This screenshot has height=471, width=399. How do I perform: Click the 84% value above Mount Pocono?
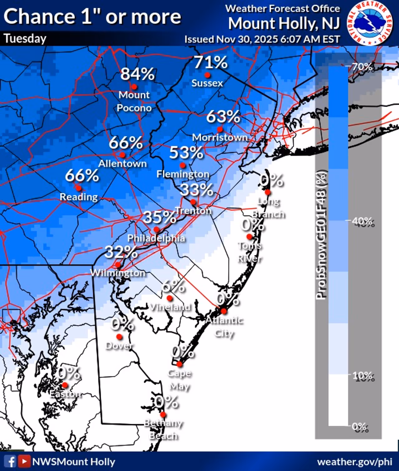coord(137,74)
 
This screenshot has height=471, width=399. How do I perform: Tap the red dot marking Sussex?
coord(207,75)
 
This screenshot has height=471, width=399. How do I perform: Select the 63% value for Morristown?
coord(223,117)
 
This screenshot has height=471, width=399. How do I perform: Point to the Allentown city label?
coord(123,164)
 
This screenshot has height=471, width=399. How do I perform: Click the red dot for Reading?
coord(79,188)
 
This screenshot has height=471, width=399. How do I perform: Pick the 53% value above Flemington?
coord(186,153)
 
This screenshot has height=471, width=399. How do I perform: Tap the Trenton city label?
coord(193,211)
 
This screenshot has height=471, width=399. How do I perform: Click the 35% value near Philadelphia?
coord(159,217)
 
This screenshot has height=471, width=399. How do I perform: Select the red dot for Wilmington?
coord(118,265)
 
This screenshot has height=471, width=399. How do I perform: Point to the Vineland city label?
coord(170,307)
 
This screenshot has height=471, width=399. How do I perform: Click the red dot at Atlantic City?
coord(224,311)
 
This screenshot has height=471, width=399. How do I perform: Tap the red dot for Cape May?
coord(179,364)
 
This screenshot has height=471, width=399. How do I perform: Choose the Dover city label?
coord(119,345)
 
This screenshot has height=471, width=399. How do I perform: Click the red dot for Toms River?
coord(249,236)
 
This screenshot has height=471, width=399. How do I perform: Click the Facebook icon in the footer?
coord(11,461)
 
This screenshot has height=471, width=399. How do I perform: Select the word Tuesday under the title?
coord(25,39)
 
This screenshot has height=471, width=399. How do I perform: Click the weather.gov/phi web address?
coord(354,462)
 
